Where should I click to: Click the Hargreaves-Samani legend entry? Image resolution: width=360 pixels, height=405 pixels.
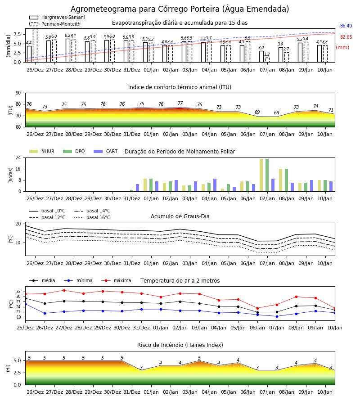(x=57, y=17)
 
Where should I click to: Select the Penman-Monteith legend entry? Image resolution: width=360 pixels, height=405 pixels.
(x=55, y=24)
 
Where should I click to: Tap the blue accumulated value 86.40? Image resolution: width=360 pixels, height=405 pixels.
(x=346, y=26)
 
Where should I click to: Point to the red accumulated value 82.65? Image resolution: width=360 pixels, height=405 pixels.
(x=346, y=37)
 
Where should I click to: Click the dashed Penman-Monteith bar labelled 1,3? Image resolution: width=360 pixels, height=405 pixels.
(x=267, y=60)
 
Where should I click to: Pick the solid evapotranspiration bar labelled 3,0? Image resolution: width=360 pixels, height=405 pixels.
(x=261, y=57)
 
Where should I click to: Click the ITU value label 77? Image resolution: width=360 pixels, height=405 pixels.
(x=180, y=103)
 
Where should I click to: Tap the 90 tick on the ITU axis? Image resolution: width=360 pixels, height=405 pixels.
(x=18, y=93)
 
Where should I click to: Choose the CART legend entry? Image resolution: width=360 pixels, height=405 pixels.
(x=106, y=151)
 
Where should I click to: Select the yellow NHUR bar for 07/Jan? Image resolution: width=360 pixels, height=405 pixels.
(x=261, y=175)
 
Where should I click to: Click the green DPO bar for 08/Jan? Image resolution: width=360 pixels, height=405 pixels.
(x=286, y=180)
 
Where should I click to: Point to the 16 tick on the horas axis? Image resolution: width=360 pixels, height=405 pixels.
(x=18, y=169)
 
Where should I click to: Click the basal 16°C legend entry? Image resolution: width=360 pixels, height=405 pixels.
(x=92, y=217)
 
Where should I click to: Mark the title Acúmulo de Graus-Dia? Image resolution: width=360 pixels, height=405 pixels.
(x=180, y=216)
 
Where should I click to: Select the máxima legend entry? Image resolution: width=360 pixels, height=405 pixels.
(x=116, y=280)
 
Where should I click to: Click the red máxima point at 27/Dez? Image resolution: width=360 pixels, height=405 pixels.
(x=64, y=290)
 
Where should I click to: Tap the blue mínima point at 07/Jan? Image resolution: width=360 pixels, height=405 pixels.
(x=277, y=316)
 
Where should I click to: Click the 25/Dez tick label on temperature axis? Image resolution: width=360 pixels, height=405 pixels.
(x=25, y=328)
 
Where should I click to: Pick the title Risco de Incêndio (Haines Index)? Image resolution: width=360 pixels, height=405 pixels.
(x=180, y=345)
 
